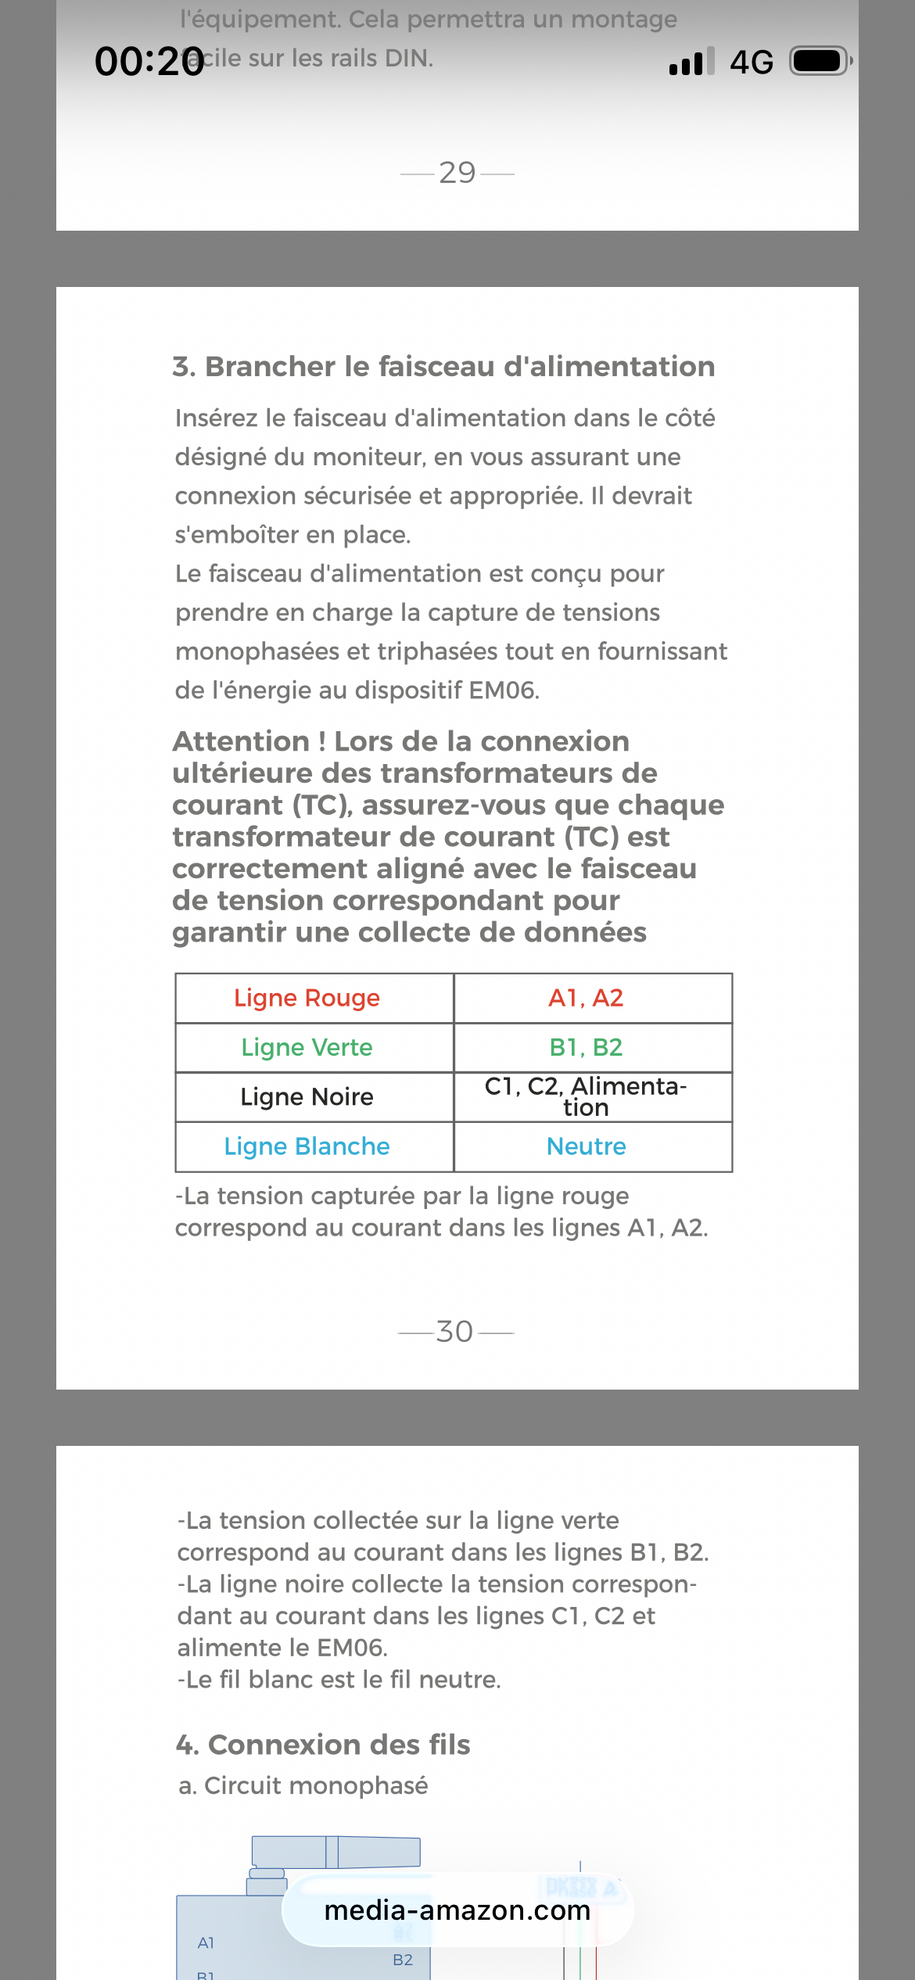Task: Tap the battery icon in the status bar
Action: [x=820, y=61]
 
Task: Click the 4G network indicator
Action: [x=751, y=62]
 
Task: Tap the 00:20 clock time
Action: [x=149, y=61]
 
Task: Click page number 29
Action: [x=457, y=172]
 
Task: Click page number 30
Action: [x=455, y=1331]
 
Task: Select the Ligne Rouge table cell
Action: [x=307, y=998]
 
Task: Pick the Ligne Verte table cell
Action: [x=307, y=1047]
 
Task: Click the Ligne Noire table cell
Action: [x=307, y=1096]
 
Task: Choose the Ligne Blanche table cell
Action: [x=307, y=1146]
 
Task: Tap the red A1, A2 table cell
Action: [x=586, y=998]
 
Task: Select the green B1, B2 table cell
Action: [x=586, y=1047]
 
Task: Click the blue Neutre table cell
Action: [x=586, y=1146]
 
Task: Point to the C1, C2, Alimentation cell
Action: [x=586, y=1096]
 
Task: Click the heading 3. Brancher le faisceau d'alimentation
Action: [x=443, y=366]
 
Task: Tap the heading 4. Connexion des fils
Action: [x=323, y=1744]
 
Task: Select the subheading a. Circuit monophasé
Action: [x=303, y=1785]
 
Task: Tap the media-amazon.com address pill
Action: [x=457, y=1910]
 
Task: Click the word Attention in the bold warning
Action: [x=241, y=741]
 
